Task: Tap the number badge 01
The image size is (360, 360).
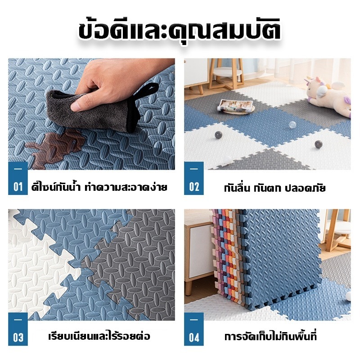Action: [x=18, y=178]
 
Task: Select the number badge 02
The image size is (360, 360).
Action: [x=194, y=178]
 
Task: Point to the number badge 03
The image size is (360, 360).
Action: [x=18, y=329]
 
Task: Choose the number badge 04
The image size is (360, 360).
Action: [x=194, y=329]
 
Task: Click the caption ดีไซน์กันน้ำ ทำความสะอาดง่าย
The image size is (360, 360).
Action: [x=99, y=187]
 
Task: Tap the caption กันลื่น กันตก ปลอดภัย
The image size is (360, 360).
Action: [x=275, y=188]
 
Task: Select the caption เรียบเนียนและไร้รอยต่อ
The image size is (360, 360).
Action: [x=99, y=336]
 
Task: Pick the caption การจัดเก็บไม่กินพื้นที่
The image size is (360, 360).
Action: [x=271, y=336]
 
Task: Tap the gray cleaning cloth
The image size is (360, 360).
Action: [x=92, y=110]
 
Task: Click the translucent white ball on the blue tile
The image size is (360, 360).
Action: [x=292, y=125]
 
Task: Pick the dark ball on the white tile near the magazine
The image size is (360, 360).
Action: [x=218, y=135]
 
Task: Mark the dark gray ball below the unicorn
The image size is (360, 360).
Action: [x=319, y=144]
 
